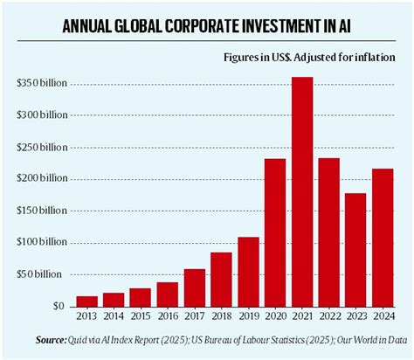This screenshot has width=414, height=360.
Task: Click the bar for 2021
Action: point(302,192)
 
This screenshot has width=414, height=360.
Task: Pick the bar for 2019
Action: point(249,272)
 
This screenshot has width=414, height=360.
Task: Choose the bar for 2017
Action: point(196,287)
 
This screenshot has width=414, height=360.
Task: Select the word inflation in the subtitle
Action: point(370,59)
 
